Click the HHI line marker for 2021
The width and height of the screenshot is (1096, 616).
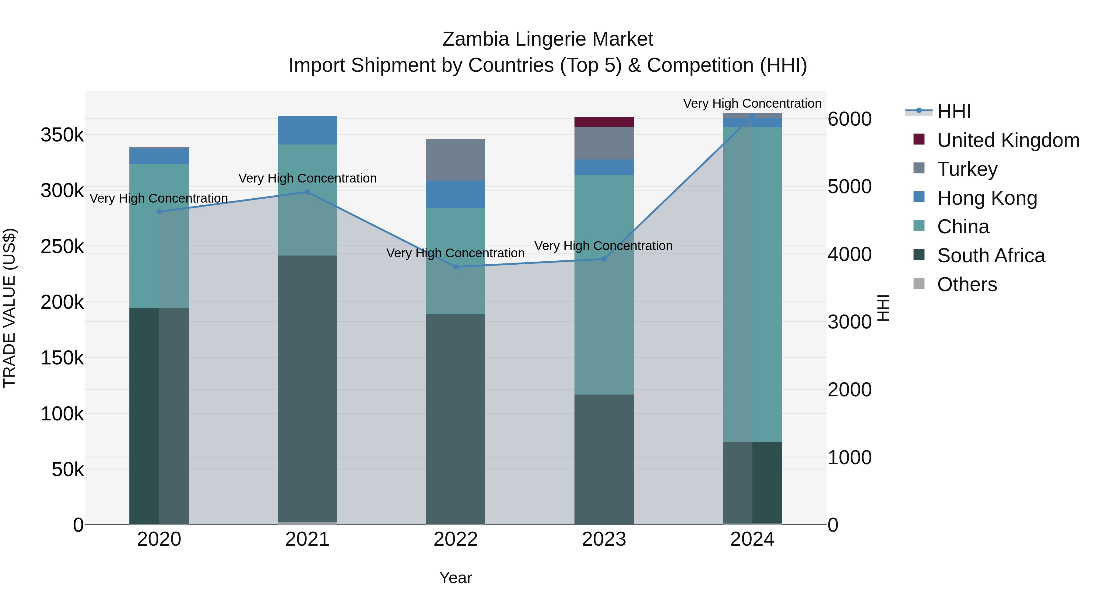tap(307, 192)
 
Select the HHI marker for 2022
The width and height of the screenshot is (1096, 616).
tap(456, 267)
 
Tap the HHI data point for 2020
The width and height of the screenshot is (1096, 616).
tap(159, 212)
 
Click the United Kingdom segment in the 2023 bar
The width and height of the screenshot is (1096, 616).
tap(604, 122)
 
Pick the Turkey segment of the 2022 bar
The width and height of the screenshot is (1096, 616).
tap(456, 160)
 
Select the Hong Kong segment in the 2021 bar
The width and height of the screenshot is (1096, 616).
tap(307, 130)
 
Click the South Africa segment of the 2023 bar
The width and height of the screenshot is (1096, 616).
tap(604, 459)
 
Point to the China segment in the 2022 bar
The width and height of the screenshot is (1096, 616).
tap(456, 261)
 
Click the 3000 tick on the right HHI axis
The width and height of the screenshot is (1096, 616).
tap(849, 322)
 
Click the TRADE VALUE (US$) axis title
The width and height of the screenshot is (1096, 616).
tap(10, 308)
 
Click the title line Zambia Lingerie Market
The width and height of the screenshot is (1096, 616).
tap(548, 39)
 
